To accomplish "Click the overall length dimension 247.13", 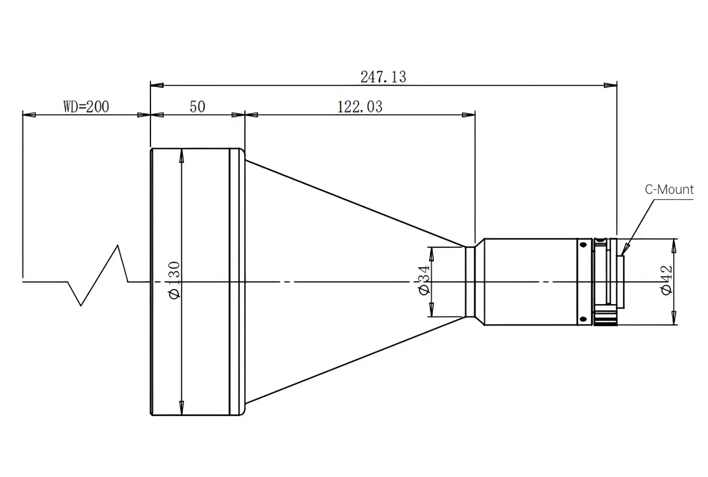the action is (383, 77).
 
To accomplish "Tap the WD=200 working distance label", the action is (86, 106).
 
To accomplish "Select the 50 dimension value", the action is (197, 106).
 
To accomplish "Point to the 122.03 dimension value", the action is (360, 106).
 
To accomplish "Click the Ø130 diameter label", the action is (175, 280).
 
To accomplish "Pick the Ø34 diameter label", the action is (424, 280).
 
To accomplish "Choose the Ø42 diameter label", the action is (666, 280).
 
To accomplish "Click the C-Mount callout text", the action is (669, 190).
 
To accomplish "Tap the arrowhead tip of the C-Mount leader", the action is (622, 256).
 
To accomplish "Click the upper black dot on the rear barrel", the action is (583, 245).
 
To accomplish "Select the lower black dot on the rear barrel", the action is (583, 319).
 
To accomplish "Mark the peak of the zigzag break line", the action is (118, 245).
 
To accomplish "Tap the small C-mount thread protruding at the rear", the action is (620, 282).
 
